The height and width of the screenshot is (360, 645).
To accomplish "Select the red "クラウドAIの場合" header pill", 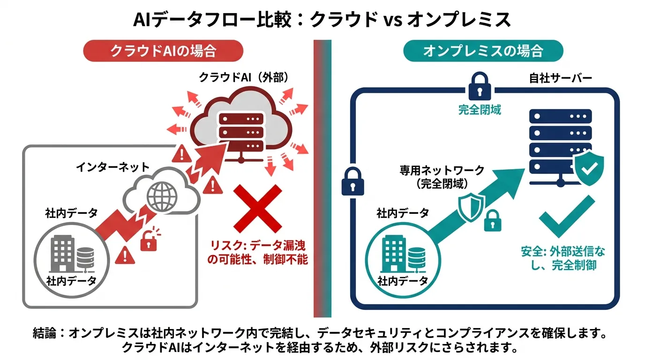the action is [163, 51].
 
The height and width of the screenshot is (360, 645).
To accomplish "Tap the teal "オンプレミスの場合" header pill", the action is [483, 51].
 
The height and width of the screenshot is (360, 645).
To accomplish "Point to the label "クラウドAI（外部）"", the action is [244, 77].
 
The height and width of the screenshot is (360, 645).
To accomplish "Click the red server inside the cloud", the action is [241, 137].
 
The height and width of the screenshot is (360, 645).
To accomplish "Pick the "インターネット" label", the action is [112, 167].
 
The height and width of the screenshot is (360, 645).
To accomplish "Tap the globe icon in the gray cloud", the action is [162, 196].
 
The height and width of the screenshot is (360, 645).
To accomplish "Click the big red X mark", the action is [258, 209].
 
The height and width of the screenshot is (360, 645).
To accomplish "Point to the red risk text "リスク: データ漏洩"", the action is [258, 245].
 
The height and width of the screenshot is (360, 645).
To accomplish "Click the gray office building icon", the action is [62, 254].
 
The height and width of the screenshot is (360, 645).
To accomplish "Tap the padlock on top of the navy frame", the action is [480, 86].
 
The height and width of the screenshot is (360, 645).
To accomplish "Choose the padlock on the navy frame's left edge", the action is [352, 181].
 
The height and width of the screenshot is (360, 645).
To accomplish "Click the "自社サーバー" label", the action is [560, 78].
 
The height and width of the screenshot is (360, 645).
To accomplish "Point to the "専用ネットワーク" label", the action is [442, 171].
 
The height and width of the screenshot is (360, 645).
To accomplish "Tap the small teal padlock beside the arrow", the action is [493, 221].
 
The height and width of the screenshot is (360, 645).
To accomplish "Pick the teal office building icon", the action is [394, 254].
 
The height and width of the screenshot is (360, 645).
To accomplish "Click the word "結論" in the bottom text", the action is [45, 333].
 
